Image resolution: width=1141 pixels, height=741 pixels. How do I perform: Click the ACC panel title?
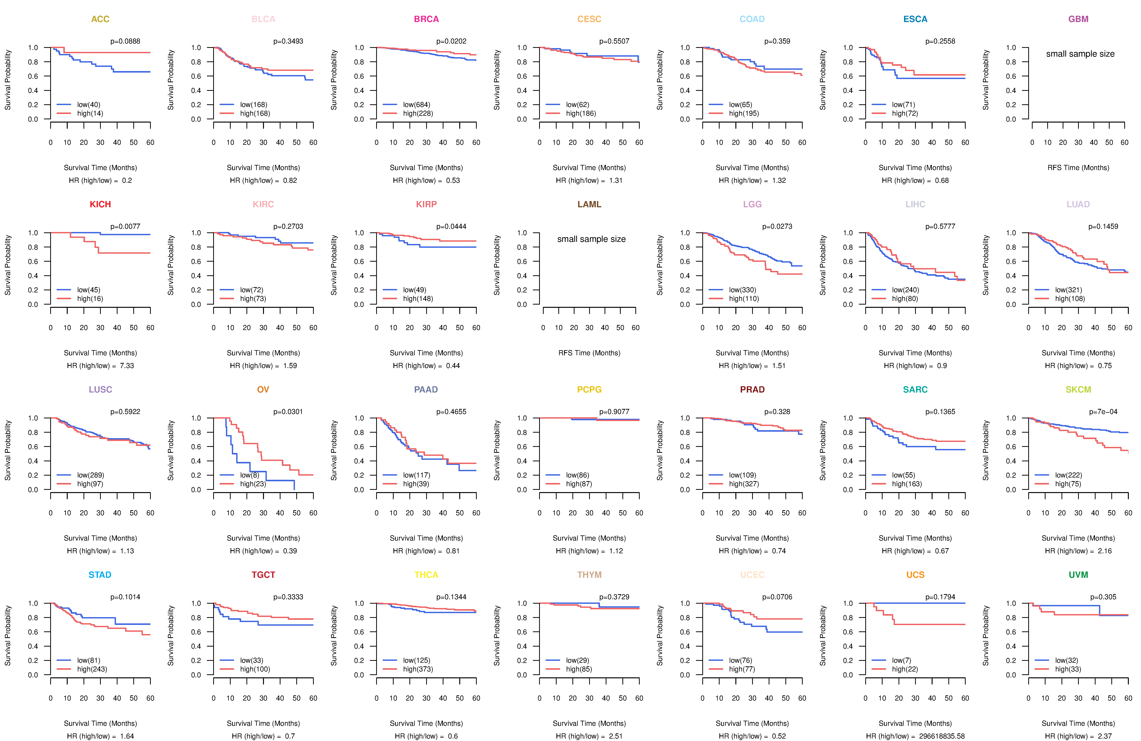(x=100, y=19)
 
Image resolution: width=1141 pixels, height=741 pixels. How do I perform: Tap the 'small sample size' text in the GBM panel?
(x=1080, y=54)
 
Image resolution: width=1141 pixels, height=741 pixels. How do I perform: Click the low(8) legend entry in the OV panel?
(x=249, y=475)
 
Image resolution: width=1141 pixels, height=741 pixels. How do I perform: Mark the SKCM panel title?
(x=1078, y=389)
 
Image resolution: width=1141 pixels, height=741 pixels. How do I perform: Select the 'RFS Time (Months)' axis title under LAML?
(x=589, y=353)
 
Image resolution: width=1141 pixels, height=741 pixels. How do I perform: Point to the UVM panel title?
(x=1078, y=575)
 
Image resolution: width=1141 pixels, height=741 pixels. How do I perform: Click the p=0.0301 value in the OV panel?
(x=288, y=412)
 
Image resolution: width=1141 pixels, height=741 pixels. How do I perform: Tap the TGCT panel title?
(x=263, y=575)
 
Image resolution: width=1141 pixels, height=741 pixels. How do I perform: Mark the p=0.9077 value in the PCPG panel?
(x=614, y=412)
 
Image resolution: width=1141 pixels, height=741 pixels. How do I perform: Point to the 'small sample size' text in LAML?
(x=591, y=239)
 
